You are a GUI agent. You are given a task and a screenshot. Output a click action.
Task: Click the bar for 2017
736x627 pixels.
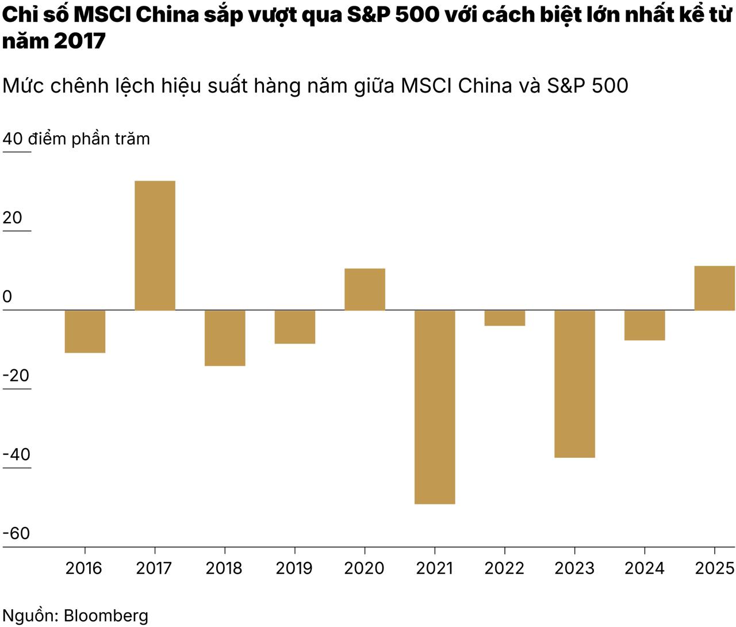click(x=155, y=246)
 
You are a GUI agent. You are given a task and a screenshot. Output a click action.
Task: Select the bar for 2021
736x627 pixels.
click(x=435, y=407)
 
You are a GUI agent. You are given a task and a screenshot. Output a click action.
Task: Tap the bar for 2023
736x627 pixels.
click(x=574, y=384)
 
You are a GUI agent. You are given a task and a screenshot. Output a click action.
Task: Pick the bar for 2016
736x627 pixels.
click(x=85, y=331)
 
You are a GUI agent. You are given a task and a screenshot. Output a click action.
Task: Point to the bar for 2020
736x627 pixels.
click(x=365, y=289)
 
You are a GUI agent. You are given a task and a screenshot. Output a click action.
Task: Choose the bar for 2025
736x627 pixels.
click(x=714, y=288)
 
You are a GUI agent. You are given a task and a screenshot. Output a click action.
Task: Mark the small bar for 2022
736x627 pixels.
click(x=504, y=318)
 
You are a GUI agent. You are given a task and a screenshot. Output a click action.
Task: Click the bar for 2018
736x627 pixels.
click(x=225, y=338)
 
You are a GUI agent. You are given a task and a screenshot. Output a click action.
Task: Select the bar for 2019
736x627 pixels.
click(x=295, y=327)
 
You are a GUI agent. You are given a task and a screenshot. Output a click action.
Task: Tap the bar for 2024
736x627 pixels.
click(x=645, y=326)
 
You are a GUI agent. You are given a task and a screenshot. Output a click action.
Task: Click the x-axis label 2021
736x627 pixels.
click(x=435, y=568)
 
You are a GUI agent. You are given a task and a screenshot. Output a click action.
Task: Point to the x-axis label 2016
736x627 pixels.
click(x=84, y=568)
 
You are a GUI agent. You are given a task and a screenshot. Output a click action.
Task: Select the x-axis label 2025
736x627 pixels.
click(x=715, y=568)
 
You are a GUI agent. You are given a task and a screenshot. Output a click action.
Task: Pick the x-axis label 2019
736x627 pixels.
click(x=294, y=568)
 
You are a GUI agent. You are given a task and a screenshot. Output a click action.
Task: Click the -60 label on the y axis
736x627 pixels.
click(x=16, y=533)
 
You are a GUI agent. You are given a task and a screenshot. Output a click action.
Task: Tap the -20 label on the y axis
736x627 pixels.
click(x=16, y=376)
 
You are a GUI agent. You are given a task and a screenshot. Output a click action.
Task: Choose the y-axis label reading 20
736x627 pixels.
click(x=13, y=217)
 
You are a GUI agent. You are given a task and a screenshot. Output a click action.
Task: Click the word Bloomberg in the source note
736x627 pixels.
click(x=106, y=615)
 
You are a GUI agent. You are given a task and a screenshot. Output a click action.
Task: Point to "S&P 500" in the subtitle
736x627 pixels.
click(x=587, y=86)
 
